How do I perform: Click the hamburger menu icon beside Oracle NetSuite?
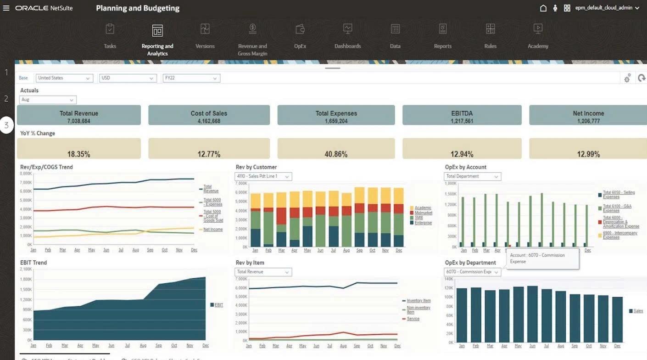(6, 8)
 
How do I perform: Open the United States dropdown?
(64, 78)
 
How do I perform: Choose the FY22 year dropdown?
(191, 78)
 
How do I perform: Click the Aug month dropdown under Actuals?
(48, 100)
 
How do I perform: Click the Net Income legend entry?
(213, 229)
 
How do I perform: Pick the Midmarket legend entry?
(423, 213)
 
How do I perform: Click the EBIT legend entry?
(219, 305)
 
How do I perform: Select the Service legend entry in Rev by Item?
(413, 319)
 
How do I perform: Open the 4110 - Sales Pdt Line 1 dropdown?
(263, 176)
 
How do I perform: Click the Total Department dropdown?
(472, 176)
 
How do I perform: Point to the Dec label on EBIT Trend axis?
(205, 345)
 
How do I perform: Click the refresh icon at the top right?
(641, 79)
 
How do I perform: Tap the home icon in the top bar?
(543, 8)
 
